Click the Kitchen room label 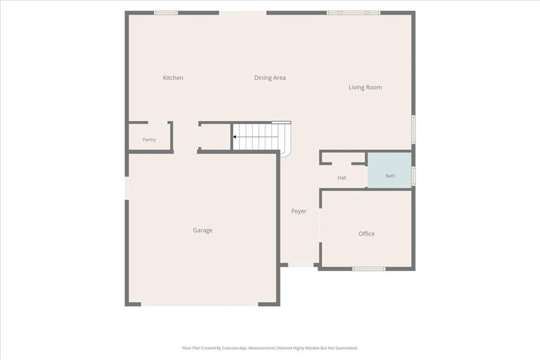click(173, 78)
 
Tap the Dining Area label click(269, 78)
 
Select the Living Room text click(365, 87)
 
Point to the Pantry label click(149, 139)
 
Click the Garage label click(202, 230)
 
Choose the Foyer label click(298, 211)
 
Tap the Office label click(367, 233)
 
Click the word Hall click(342, 178)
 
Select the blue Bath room click(390, 170)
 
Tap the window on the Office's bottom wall click(369, 268)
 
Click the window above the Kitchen click(166, 13)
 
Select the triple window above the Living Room click(353, 13)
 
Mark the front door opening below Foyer click(301, 265)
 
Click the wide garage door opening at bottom click(200, 304)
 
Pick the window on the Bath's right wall click(413, 176)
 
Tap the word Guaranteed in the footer click(347, 348)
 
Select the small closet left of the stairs click(215, 137)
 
